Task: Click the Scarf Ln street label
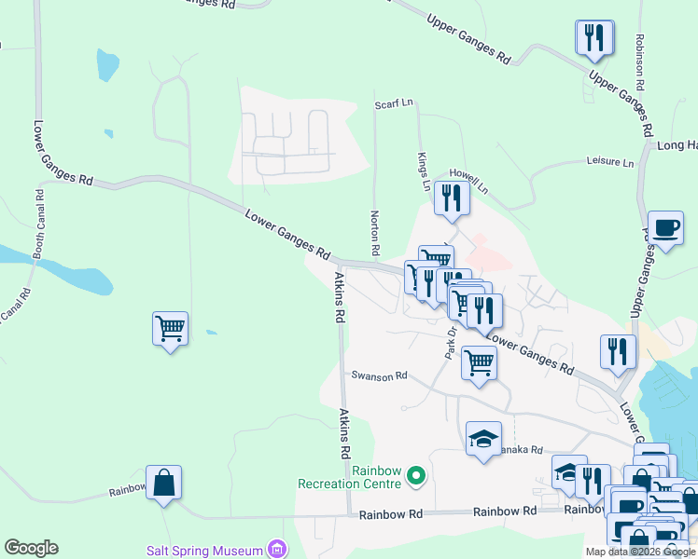tap(393, 104)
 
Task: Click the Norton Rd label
tap(374, 233)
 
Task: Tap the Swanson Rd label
tap(380, 375)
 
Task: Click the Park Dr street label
tap(450, 342)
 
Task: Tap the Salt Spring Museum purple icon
tap(276, 550)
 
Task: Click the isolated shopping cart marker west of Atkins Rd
tap(170, 328)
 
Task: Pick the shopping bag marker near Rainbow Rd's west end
tap(163, 482)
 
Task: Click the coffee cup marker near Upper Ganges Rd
tap(664, 227)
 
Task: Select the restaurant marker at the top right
tap(594, 38)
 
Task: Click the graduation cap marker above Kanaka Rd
tap(483, 438)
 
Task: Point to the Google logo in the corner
tap(31, 548)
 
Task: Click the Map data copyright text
tap(640, 552)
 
